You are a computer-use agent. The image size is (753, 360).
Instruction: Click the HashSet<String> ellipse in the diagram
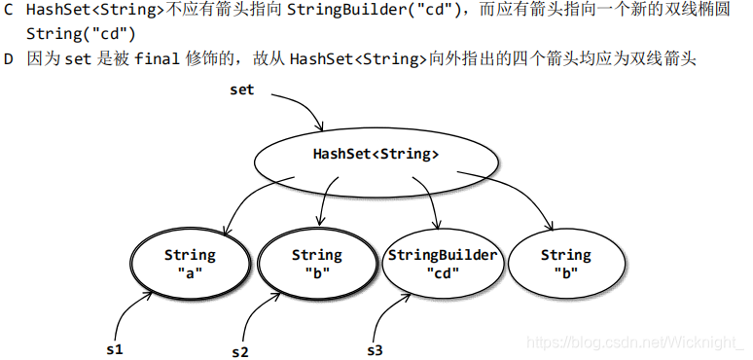[375, 154]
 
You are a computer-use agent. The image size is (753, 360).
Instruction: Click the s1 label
[114, 348]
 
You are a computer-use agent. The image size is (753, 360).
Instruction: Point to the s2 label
[240, 351]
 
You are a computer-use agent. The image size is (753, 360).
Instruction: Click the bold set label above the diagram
[241, 90]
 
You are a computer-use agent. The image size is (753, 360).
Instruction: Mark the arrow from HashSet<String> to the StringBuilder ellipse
[428, 199]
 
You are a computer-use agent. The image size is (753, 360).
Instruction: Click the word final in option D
[157, 59]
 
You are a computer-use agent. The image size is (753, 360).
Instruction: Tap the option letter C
[9, 11]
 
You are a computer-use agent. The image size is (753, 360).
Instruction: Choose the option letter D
[9, 59]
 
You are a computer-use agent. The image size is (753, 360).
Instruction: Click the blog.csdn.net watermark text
[632, 342]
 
